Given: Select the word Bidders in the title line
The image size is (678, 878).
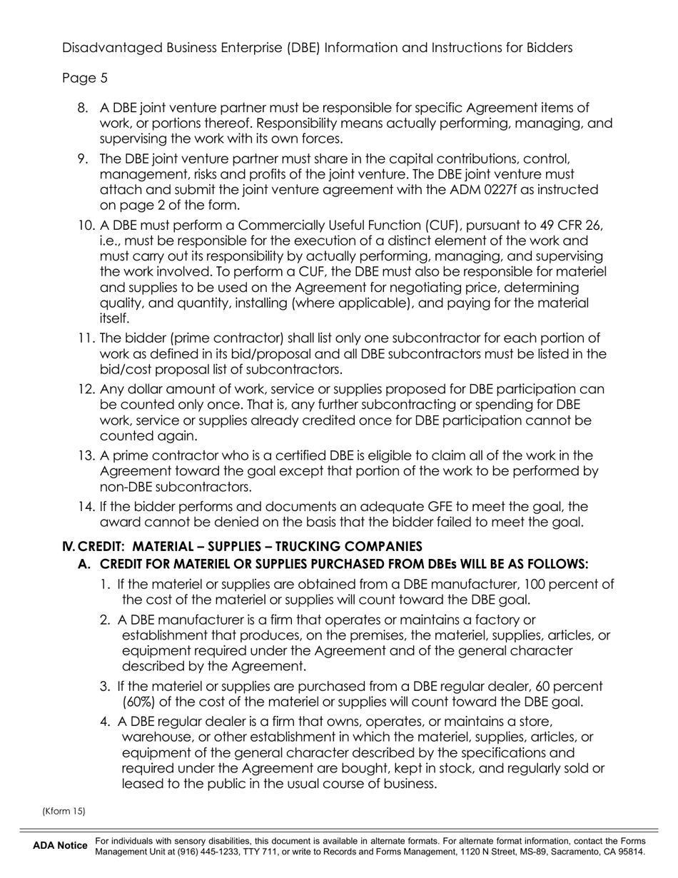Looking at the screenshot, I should tap(547, 48).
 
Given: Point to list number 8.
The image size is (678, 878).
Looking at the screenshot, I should tap(83, 108).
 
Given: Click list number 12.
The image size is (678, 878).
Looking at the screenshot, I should tap(86, 389).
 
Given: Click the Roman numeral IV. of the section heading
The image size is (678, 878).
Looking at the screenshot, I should tap(69, 547).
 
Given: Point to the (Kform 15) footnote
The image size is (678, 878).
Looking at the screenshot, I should tap(64, 811).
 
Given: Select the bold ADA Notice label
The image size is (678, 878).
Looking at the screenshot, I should tap(60, 846).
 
